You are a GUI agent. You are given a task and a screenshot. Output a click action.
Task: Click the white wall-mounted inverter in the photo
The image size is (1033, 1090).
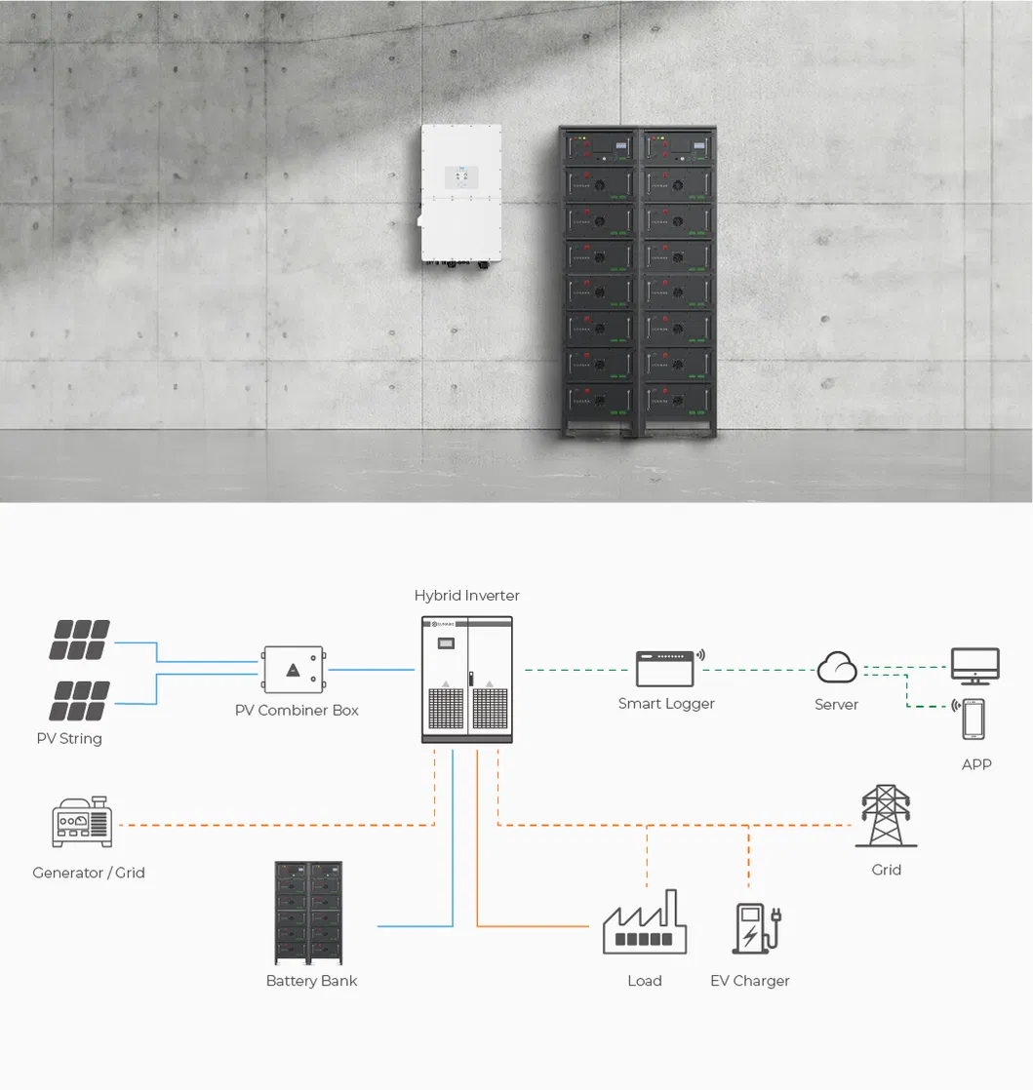[460, 195]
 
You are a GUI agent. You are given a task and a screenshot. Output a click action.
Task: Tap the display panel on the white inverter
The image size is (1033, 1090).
[461, 176]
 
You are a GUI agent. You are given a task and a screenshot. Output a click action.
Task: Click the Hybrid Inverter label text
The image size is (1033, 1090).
[467, 596]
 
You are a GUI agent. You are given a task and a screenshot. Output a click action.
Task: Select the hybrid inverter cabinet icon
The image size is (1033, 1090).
[467, 680]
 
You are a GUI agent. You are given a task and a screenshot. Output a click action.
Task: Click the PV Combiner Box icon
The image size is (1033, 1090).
[293, 670]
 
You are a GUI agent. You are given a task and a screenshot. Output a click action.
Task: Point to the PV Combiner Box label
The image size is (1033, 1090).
[298, 711]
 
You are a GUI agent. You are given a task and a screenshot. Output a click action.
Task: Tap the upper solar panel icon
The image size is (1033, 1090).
[79, 640]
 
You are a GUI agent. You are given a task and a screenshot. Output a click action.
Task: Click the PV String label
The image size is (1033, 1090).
[69, 738]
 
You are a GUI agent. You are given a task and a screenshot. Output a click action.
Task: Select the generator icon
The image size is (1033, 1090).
[82, 822]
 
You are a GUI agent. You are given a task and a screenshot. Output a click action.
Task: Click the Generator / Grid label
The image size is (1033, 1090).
[89, 873]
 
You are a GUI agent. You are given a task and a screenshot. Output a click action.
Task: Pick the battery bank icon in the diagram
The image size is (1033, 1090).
[308, 913]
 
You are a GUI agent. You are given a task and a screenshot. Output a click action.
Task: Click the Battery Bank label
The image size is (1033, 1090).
[311, 981]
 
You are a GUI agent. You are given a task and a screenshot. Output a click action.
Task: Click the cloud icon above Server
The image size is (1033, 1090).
[837, 667]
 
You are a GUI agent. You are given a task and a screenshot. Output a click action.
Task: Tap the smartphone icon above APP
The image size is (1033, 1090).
[973, 720]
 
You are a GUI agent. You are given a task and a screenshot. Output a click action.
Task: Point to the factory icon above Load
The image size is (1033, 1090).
[645, 921]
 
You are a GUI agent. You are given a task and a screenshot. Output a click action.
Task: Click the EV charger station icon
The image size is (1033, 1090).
[757, 928]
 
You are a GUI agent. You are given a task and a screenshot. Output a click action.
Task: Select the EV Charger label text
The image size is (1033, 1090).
[750, 981]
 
